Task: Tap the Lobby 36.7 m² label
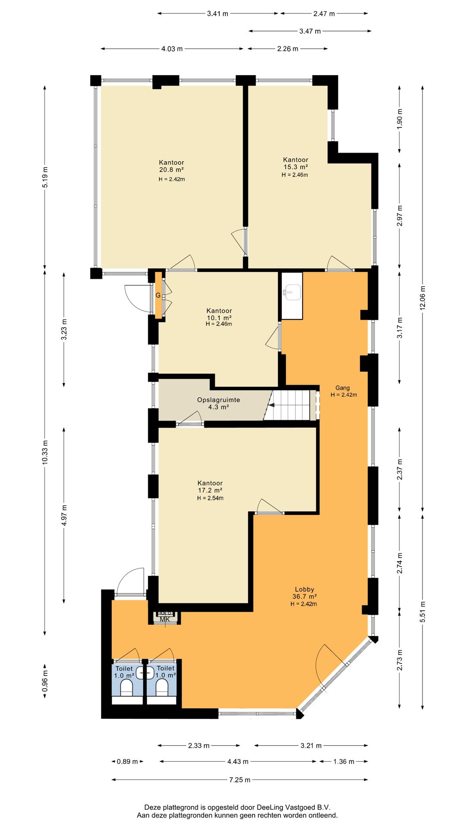pos(304,593)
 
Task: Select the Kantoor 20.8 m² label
pos(172,166)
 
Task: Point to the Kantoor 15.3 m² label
pos(296,163)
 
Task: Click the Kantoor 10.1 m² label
pos(219,314)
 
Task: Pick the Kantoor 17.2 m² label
pos(210,487)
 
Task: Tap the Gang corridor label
pos(342,388)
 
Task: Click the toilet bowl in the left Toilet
pos(127,687)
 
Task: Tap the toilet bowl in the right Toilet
pos(162,687)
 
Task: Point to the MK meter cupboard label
pos(165,619)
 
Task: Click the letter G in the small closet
pos(158,295)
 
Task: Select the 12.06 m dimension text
pos(423,297)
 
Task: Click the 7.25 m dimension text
pos(240,780)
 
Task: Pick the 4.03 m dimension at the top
pos(172,49)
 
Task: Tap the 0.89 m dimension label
pos(127,761)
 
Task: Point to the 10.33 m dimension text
pos(45,452)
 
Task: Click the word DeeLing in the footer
pos(270,807)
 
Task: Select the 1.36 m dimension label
pos(344,761)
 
